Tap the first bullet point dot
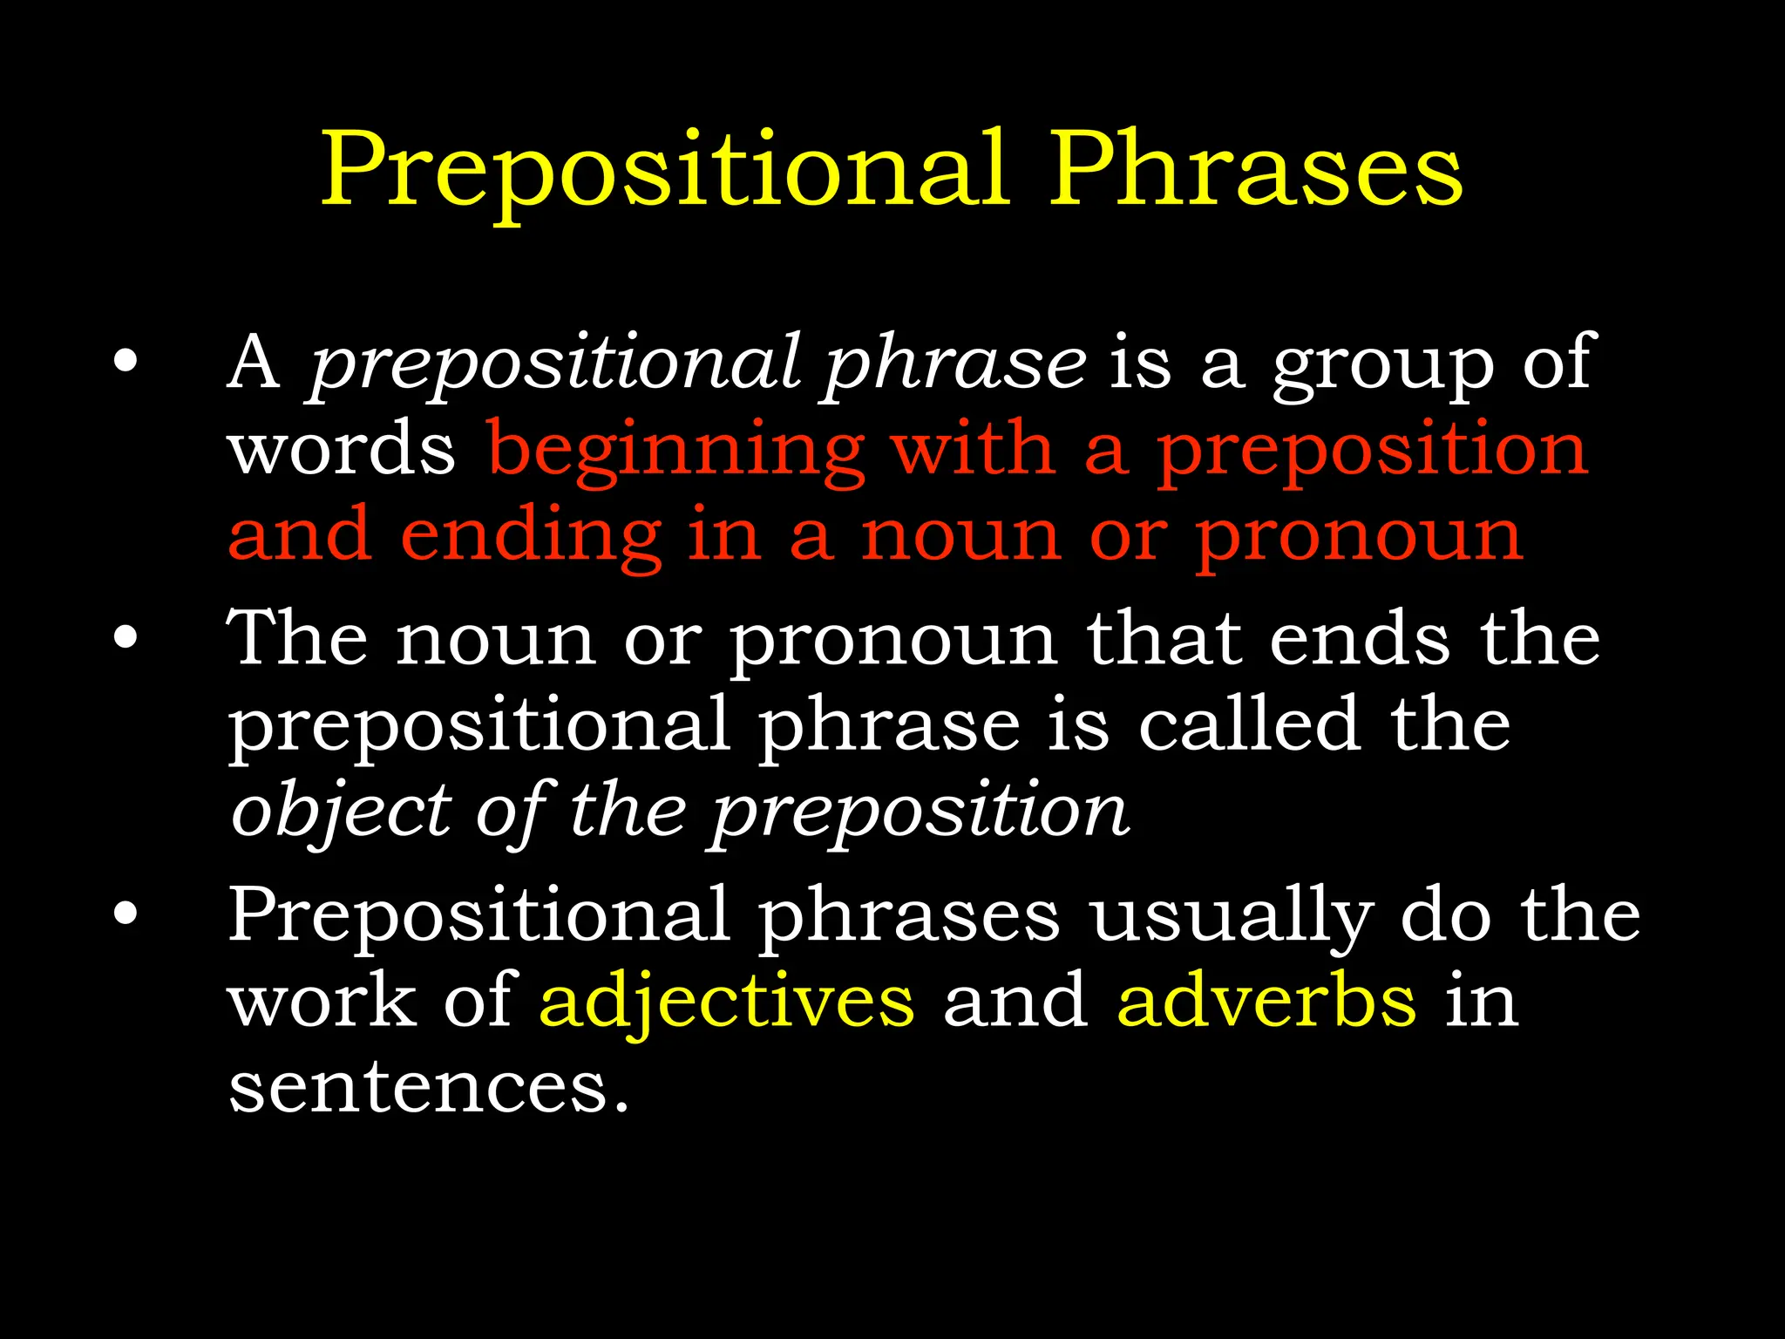[126, 362]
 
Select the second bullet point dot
[126, 637]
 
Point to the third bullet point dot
[126, 913]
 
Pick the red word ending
[531, 539]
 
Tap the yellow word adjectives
[727, 1003]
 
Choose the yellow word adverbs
[1266, 1003]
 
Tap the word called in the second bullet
[1249, 725]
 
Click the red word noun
[961, 539]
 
